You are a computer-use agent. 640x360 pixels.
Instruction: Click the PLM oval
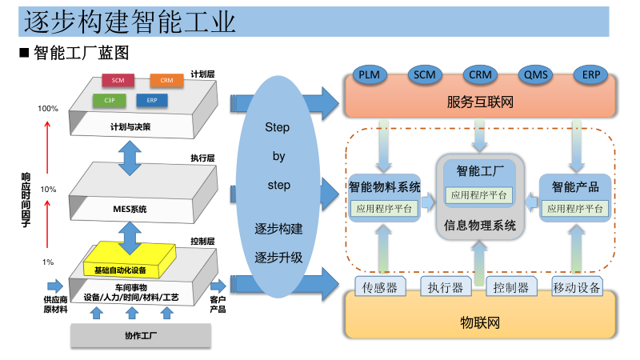[x=369, y=74]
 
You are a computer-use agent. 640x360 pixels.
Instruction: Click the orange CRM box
[x=166, y=80]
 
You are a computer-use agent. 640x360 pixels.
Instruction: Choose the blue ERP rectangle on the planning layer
[x=151, y=100]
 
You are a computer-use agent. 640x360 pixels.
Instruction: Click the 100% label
[x=48, y=108]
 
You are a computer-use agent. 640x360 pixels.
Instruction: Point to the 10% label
[x=48, y=190]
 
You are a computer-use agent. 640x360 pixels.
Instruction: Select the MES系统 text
[x=130, y=210]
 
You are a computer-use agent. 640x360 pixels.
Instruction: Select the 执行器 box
[x=445, y=287]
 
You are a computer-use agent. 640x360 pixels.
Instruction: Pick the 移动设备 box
[x=576, y=287]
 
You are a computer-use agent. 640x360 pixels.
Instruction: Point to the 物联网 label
[x=479, y=323]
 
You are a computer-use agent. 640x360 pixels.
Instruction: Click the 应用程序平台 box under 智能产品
[x=574, y=209]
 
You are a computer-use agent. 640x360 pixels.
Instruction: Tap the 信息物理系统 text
[x=479, y=225]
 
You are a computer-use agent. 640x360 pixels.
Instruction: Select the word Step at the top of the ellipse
[x=277, y=128]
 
